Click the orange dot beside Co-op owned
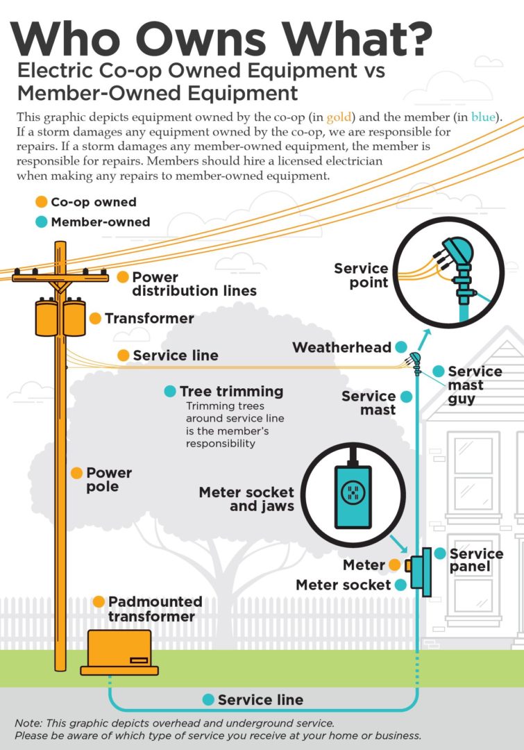[x=42, y=202]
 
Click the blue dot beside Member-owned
[x=42, y=222]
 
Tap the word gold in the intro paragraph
[x=339, y=117]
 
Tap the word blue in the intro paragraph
[x=483, y=117]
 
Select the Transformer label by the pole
[x=149, y=319]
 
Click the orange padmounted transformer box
[x=119, y=652]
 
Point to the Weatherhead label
[x=342, y=347]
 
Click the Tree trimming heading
[x=231, y=391]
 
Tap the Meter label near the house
[x=364, y=565]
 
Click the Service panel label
[x=476, y=560]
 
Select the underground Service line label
[x=260, y=700]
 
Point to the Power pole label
[x=109, y=479]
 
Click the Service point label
[x=361, y=276]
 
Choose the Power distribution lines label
[x=194, y=283]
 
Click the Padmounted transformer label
[x=155, y=609]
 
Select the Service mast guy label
[x=475, y=385]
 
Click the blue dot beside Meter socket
[x=400, y=585]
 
